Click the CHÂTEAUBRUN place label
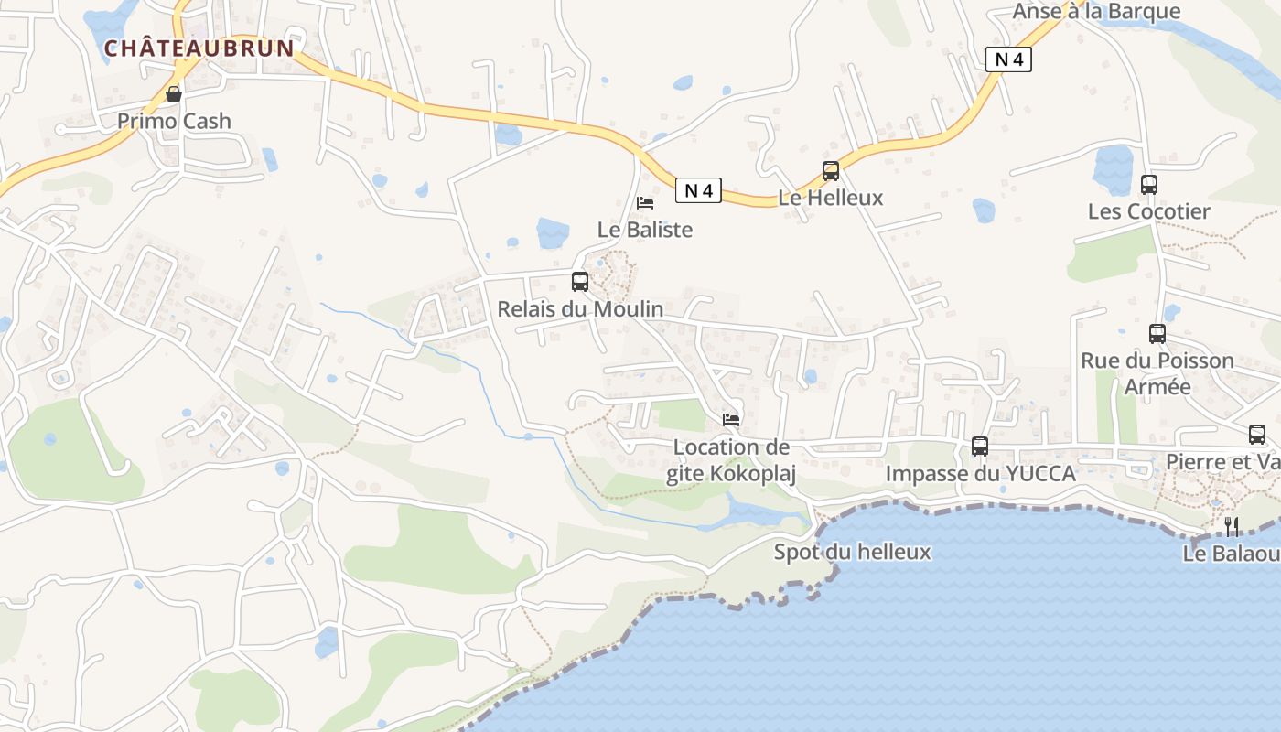[199, 48]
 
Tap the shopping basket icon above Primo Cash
[174, 93]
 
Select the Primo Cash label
[174, 121]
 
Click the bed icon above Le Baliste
[645, 202]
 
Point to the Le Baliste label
[645, 229]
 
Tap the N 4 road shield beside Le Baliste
[699, 190]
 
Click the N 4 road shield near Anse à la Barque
[1008, 59]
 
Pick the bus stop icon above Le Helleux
[831, 170]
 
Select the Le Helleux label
[831, 197]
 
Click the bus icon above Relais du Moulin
[580, 281]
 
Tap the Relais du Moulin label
[580, 308]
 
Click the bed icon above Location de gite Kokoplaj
[731, 419]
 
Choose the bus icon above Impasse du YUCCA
[980, 447]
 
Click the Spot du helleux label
[852, 552]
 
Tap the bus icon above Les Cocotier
[1149, 185]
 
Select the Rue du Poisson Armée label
[1157, 373]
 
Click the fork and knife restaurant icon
[1232, 526]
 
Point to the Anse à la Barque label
[1096, 11]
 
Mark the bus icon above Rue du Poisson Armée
[1157, 334]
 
